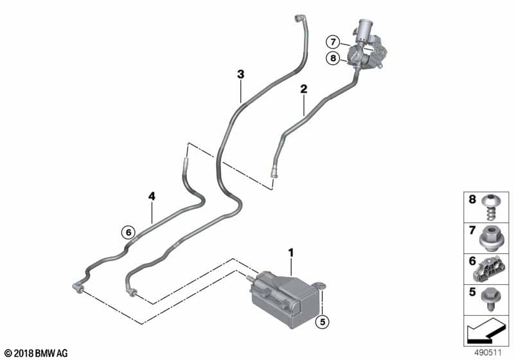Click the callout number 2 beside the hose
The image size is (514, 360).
pos(303,91)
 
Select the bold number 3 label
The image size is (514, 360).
pos(240,75)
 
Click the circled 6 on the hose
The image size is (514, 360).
pos(128,232)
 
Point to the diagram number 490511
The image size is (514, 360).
pos(490,353)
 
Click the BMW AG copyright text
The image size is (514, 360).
pos(35,354)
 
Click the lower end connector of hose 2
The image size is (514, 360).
pos(273,172)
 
